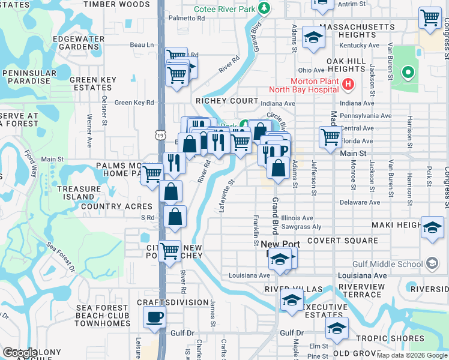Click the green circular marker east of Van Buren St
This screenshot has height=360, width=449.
click(408, 73)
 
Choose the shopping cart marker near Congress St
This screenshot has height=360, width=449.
click(430, 19)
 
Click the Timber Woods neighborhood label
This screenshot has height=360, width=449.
click(116, 4)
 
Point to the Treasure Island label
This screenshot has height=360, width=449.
click(79, 193)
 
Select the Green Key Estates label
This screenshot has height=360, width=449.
click(93, 83)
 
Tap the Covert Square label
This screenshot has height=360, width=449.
click(342, 241)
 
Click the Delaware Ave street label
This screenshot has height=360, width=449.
click(360, 202)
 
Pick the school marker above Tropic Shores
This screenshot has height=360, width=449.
click(337, 328)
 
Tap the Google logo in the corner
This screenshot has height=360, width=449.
click(20, 353)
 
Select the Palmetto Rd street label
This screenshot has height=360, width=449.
click(187, 18)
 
